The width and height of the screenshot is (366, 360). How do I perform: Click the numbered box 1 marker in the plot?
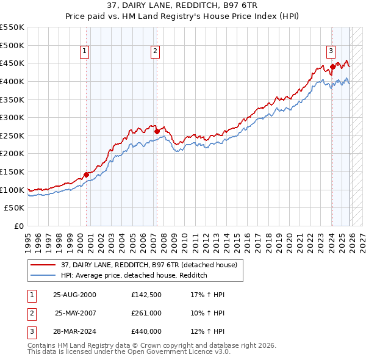click(84, 51)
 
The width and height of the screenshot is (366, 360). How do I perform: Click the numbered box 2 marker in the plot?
click(155, 51)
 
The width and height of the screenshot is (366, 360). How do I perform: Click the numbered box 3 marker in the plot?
click(330, 51)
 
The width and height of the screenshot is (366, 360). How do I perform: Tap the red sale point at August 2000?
click(86, 175)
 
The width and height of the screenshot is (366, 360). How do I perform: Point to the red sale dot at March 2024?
click(332, 67)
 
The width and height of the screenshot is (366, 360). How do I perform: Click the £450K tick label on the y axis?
click(12, 63)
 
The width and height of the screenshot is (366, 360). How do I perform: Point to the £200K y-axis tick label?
click(12, 154)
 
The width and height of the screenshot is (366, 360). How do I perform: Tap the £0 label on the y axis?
click(18, 226)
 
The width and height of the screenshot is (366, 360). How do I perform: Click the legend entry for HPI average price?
click(134, 276)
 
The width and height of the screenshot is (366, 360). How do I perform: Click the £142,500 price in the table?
click(146, 295)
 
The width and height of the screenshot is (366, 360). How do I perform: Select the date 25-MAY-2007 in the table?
click(76, 313)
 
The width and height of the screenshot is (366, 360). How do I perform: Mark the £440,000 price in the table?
click(146, 331)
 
